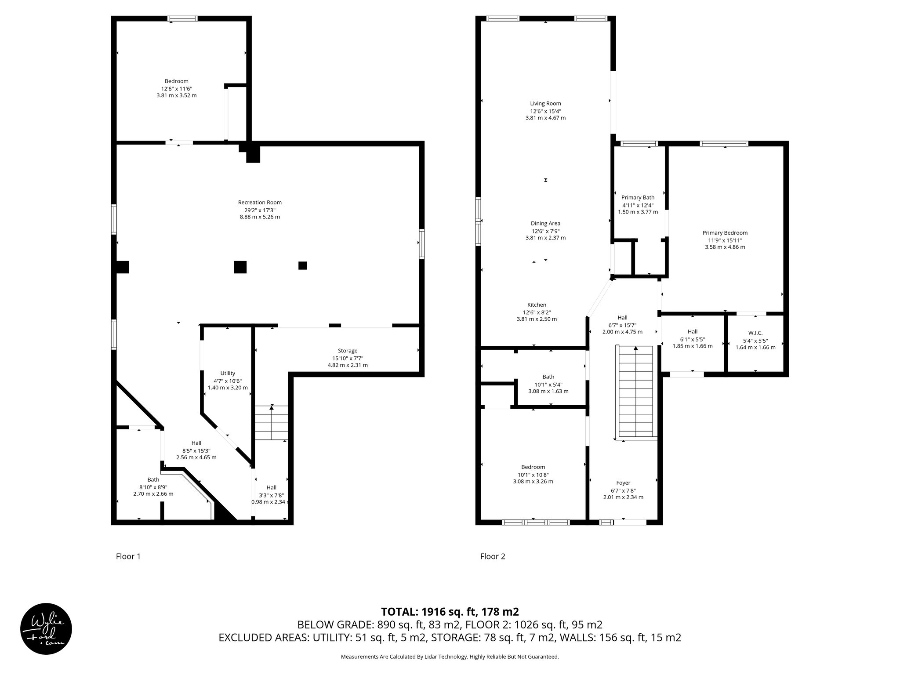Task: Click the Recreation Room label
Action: [260, 203]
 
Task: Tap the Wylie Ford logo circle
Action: [46, 628]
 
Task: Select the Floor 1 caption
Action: [128, 556]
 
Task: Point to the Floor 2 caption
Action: [493, 556]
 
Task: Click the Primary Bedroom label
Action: [725, 233]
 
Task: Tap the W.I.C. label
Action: [755, 333]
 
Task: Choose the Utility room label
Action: [228, 374]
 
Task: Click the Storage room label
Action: [348, 351]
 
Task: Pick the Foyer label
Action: [623, 483]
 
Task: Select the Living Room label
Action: [545, 104]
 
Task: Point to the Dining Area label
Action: [545, 223]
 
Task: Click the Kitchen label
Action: [537, 305]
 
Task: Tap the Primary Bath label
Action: [638, 198]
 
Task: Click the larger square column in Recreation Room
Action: [240, 267]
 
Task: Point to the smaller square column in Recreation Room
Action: [302, 265]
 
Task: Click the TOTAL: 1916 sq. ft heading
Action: [450, 611]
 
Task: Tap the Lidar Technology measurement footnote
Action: [450, 657]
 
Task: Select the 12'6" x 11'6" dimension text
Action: [176, 88]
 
